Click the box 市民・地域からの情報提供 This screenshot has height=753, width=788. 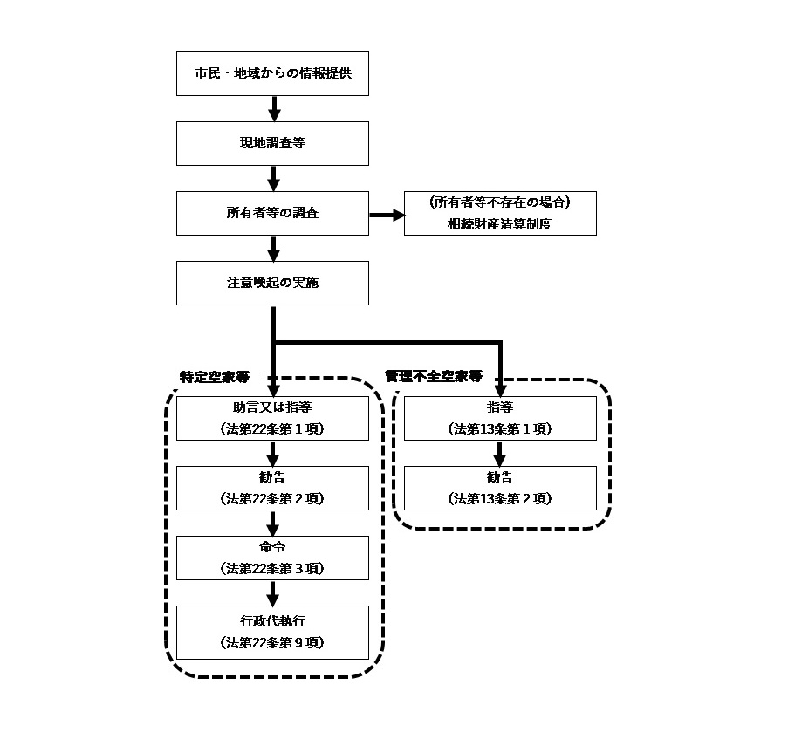[272, 74]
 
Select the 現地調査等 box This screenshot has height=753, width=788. [272, 144]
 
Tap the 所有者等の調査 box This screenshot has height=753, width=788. [272, 214]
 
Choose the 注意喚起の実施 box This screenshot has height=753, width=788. [272, 284]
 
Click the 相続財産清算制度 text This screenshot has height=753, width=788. [500, 224]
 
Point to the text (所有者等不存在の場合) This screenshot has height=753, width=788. [500, 202]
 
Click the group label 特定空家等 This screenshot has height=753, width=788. [215, 377]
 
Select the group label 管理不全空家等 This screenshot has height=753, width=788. [434, 376]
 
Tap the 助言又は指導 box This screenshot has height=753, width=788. [272, 419]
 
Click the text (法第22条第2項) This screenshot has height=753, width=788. [272, 499]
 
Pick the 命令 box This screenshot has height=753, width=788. [272, 558]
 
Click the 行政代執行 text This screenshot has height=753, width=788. [272, 621]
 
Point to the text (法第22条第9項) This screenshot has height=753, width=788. [272, 643]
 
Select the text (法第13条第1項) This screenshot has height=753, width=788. [500, 429]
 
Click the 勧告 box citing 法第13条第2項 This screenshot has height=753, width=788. [500, 489]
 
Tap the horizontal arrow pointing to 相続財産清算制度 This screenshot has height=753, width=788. [387, 215]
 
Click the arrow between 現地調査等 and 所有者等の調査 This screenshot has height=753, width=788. [273, 179]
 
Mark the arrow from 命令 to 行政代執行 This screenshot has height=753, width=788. [272, 593]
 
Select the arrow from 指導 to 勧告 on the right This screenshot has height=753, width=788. [499, 454]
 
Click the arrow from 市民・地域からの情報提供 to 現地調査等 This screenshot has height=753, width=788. [274, 109]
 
